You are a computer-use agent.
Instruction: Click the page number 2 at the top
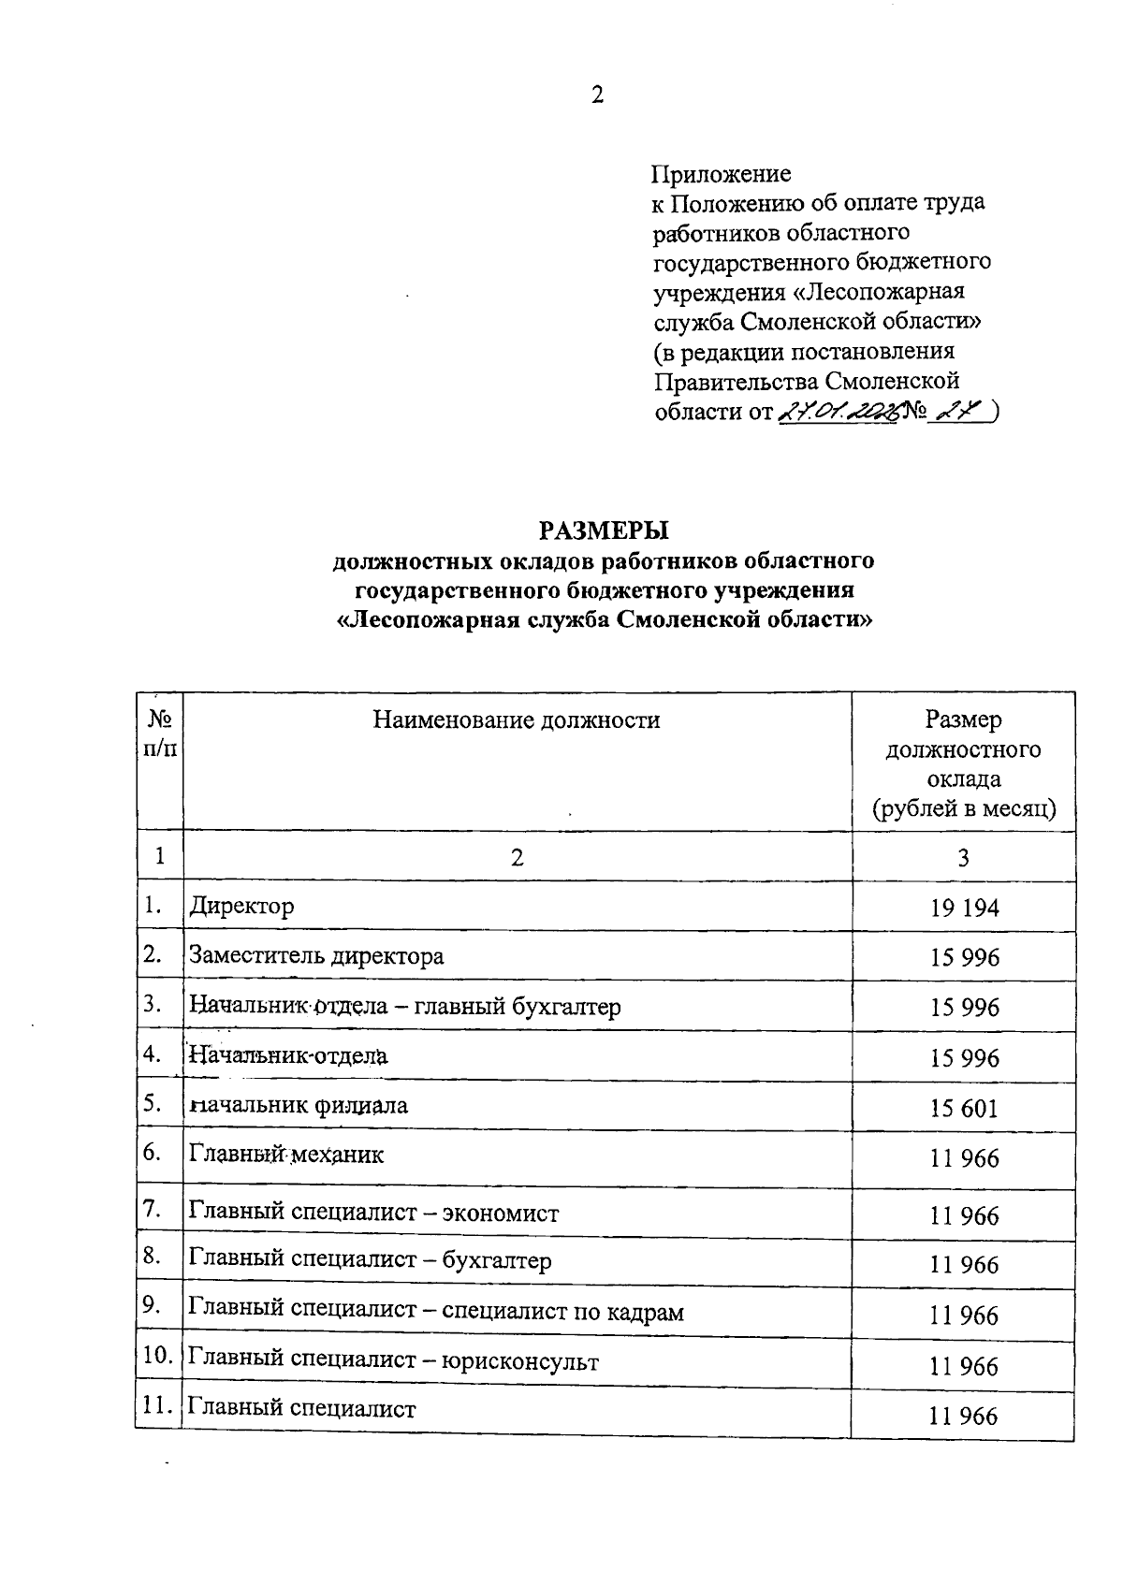pyautogui.click(x=597, y=94)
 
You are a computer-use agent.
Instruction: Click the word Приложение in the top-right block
pyautogui.click(x=721, y=174)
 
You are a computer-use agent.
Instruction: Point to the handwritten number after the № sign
pyautogui.click(x=960, y=411)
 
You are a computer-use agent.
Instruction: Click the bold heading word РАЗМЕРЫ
pyautogui.click(x=604, y=531)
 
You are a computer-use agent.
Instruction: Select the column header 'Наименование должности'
pyautogui.click(x=517, y=720)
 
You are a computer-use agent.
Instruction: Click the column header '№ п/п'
pyautogui.click(x=160, y=734)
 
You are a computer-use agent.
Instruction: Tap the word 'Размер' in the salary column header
pyautogui.click(x=963, y=720)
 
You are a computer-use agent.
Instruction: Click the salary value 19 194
pyautogui.click(x=964, y=908)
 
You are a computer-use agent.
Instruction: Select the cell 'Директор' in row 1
pyautogui.click(x=241, y=906)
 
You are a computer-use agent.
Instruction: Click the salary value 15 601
pyautogui.click(x=964, y=1109)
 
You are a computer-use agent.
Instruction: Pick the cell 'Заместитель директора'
pyautogui.click(x=316, y=956)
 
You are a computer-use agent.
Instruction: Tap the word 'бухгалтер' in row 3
pyautogui.click(x=566, y=1007)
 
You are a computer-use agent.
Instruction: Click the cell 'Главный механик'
pyautogui.click(x=286, y=1155)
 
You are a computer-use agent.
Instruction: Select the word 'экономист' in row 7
pyautogui.click(x=501, y=1214)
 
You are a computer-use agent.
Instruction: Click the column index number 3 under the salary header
pyautogui.click(x=963, y=856)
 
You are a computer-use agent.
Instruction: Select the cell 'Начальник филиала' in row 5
pyautogui.click(x=298, y=1105)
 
